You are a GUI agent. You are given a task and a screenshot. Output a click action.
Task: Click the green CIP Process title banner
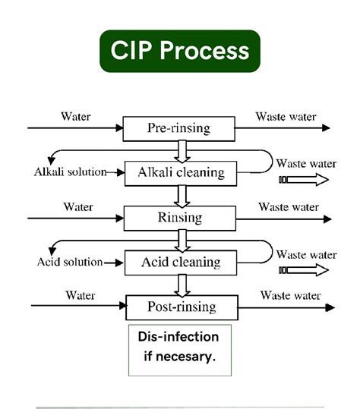pos(180,51)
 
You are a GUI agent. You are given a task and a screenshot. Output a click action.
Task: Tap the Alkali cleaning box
pos(180,172)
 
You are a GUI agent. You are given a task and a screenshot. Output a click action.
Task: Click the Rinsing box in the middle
pos(180,218)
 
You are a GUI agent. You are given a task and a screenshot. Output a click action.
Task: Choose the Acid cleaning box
pos(180,263)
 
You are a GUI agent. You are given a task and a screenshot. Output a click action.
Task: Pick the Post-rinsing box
pos(180,307)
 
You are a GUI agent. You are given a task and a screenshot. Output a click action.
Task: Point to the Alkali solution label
pos(70,171)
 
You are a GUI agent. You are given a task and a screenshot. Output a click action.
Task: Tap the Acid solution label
pos(70,262)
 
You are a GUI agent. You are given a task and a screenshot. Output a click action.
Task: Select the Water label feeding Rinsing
pos(78,206)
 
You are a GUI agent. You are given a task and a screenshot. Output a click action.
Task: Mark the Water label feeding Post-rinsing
pos(81,295)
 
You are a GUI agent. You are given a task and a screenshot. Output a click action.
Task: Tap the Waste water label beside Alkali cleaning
pos(306,163)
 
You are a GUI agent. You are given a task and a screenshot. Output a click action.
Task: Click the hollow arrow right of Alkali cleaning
pos(304,180)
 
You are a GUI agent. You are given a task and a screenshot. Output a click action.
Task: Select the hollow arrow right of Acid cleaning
pos(304,270)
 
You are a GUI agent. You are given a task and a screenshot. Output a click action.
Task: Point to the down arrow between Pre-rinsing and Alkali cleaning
pos(181,150)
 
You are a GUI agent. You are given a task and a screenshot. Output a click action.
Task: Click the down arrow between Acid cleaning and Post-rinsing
pos(181,285)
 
